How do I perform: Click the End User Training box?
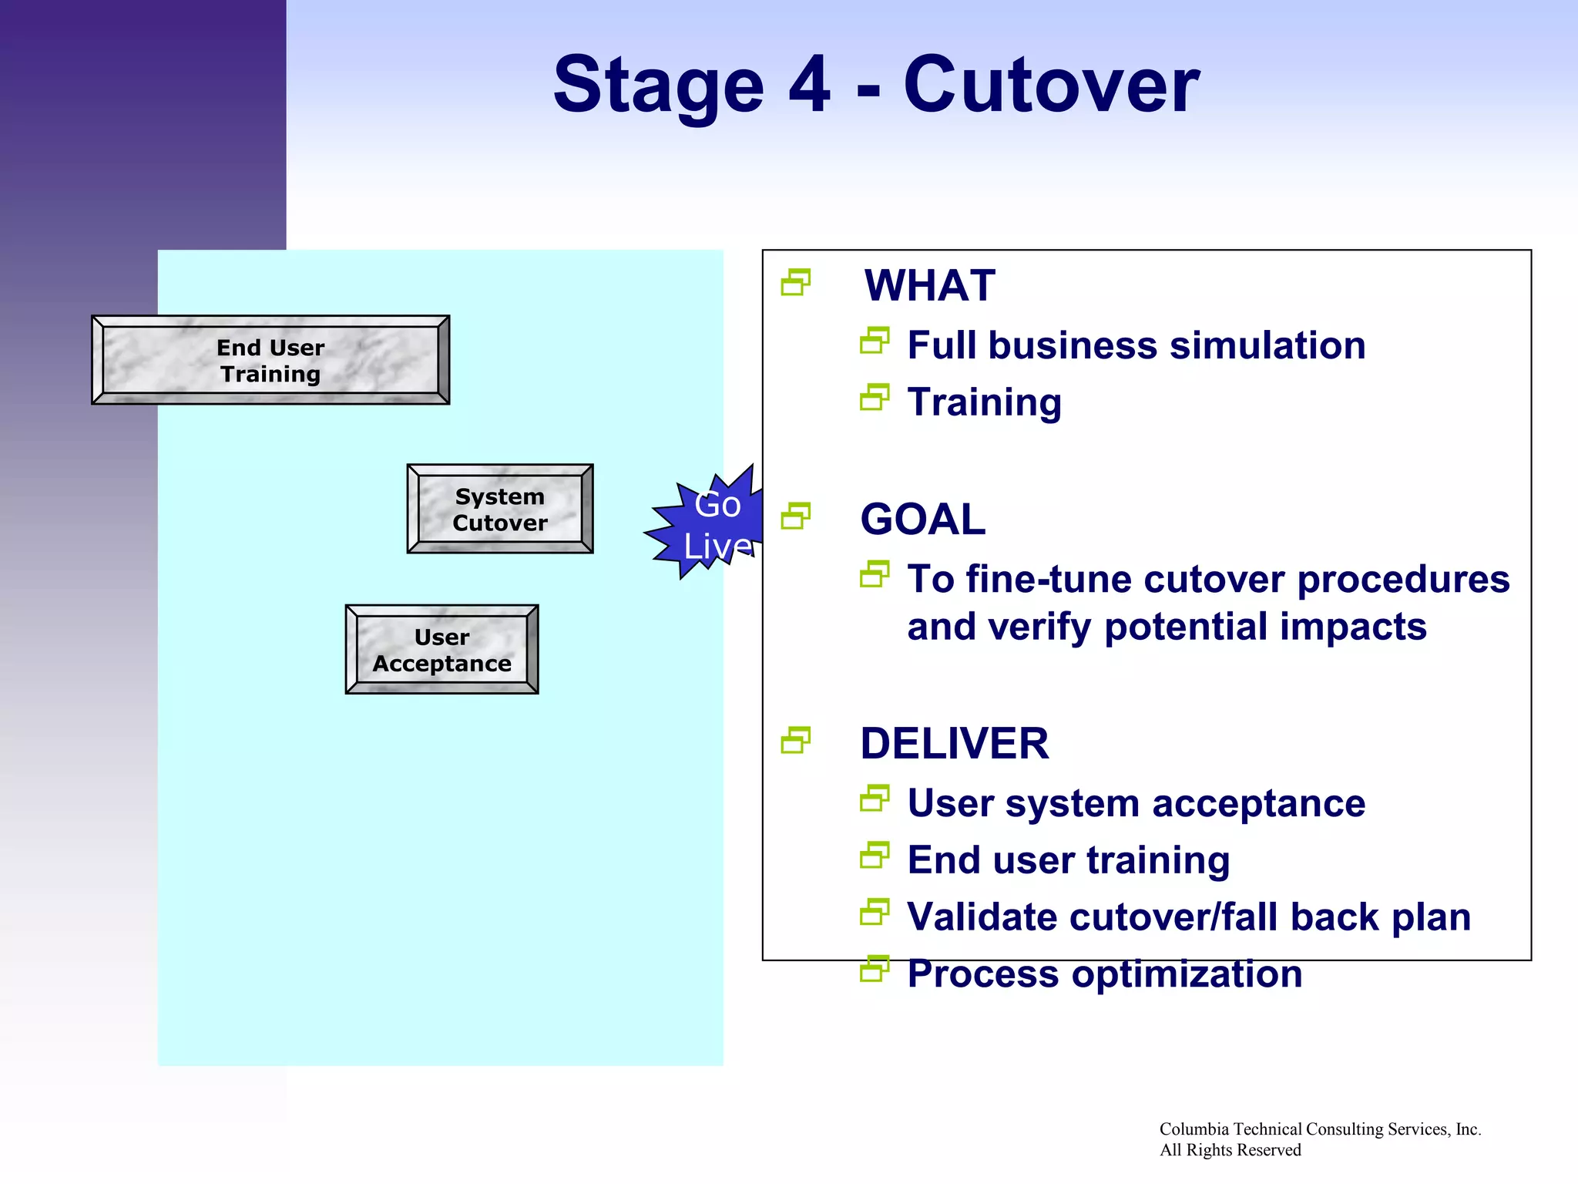pos(270,360)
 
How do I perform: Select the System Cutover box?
pos(499,509)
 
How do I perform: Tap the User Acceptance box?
pos(442,650)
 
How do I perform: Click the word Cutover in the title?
pos(1051,85)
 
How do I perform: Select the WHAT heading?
pos(929,286)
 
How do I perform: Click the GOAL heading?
pos(923,520)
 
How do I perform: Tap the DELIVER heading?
pos(954,744)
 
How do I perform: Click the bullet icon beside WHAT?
pos(796,282)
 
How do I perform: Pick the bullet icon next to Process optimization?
pos(875,969)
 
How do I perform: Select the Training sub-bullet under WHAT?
pos(984,402)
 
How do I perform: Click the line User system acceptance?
pos(1136,804)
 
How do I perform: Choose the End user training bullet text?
pos(1068,860)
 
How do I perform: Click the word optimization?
pos(1187,974)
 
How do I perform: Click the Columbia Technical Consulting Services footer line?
pos(1319,1129)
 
